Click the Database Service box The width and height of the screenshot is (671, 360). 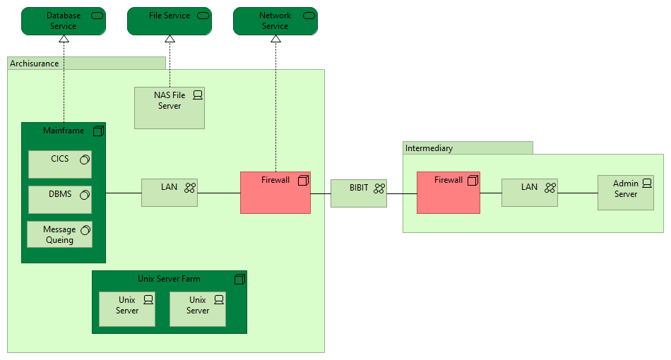pos(64,21)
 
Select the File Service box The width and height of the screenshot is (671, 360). pos(170,21)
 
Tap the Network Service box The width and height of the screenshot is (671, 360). pos(275,21)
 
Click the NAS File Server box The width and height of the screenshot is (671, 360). pos(170,107)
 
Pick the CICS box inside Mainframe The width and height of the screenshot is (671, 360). pos(60,164)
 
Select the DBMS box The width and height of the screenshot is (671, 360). pos(60,199)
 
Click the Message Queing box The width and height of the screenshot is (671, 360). pos(60,234)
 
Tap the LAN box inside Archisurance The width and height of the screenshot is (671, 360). pos(170,192)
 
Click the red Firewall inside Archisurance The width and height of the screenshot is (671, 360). pos(275,192)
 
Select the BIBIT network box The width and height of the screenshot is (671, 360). pos(359,192)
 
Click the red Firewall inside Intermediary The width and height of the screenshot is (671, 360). pos(449,192)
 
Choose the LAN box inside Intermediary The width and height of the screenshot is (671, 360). pos(530,192)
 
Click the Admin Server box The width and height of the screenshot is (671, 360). pos(625,193)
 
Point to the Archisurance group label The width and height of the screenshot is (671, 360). pos(35,64)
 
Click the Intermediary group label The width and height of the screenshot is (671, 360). pos(429,148)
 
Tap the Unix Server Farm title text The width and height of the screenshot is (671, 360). pos(169,279)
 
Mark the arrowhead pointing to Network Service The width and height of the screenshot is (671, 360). pos(275,40)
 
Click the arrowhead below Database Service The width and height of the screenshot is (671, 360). pos(64,40)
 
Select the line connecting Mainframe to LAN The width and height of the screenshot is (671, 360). pos(124,193)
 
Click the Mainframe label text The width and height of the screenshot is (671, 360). pos(64,131)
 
